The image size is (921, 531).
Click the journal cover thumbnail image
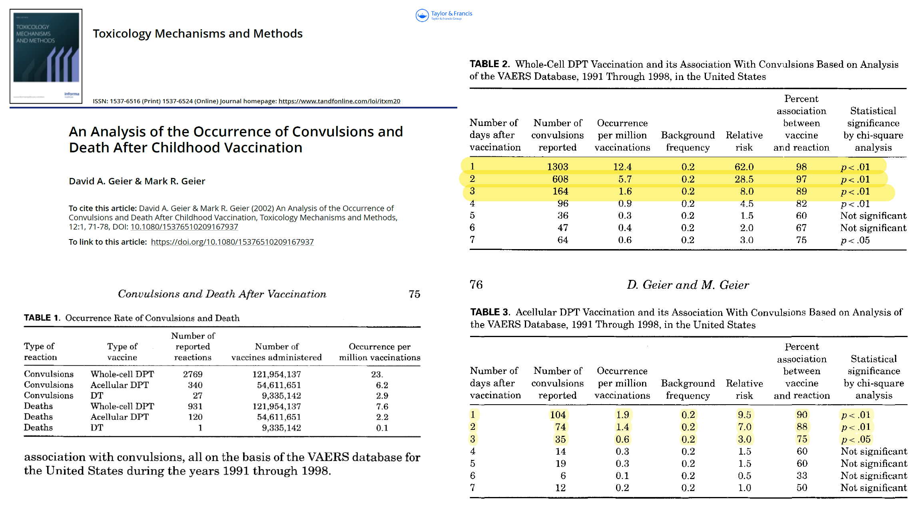(x=46, y=56)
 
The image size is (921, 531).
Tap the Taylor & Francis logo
(x=444, y=15)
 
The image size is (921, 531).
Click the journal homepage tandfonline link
(x=339, y=101)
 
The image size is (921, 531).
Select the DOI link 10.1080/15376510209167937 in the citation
(x=184, y=227)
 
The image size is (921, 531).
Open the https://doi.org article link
(x=232, y=242)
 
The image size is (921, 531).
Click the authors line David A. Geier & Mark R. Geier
(x=137, y=181)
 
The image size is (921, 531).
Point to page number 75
(x=414, y=294)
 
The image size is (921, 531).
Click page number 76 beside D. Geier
(x=476, y=285)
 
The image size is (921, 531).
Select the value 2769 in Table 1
(x=193, y=374)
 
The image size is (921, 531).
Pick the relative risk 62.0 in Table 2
(x=744, y=167)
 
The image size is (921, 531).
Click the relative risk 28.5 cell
(x=744, y=179)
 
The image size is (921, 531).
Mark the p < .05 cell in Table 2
(x=855, y=240)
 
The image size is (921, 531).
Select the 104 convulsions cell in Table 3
(x=558, y=415)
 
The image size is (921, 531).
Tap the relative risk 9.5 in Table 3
(x=744, y=415)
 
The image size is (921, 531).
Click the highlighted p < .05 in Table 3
(x=856, y=439)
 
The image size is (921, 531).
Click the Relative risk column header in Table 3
(x=744, y=389)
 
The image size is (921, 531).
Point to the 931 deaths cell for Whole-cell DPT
(x=195, y=406)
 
